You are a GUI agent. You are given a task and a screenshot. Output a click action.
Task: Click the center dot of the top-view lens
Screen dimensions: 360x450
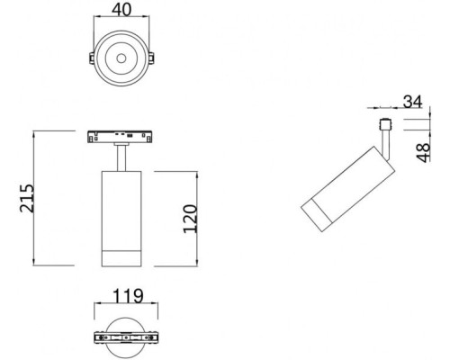pos(120,59)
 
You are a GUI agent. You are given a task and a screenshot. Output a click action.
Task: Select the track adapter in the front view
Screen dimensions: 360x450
pos(120,137)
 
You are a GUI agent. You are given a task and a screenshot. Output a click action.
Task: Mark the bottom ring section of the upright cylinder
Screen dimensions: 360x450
pos(120,254)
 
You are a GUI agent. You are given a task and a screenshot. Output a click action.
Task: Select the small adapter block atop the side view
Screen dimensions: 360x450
pos(385,124)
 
